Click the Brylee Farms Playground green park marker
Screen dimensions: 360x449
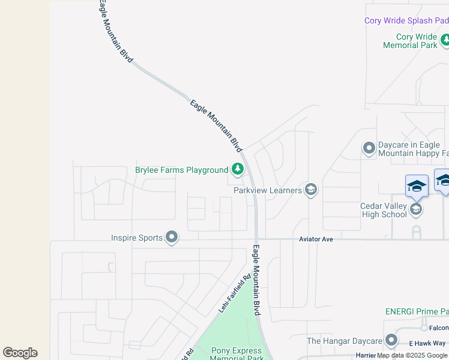coord(238,170)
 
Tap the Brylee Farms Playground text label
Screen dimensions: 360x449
coord(181,170)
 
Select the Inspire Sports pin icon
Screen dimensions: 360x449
coord(172,238)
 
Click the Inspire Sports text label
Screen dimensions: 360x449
coord(137,238)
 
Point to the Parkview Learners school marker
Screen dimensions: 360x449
coord(310,190)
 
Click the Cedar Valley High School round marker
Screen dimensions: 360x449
coord(415,209)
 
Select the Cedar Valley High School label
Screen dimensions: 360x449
coord(383,211)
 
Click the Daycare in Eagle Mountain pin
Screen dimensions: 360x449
coord(369,147)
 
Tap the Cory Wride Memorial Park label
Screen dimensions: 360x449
coord(411,41)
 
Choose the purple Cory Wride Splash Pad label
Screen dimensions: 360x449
coord(406,20)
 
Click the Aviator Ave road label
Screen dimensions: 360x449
coord(316,239)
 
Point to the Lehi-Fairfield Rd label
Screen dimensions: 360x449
coord(234,296)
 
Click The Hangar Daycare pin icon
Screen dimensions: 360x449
coord(391,341)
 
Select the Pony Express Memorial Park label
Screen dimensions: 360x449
coord(237,354)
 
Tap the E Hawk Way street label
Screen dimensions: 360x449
coord(427,343)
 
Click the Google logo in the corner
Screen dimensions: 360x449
coord(20,353)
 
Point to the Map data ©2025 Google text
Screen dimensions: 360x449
coord(412,356)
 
